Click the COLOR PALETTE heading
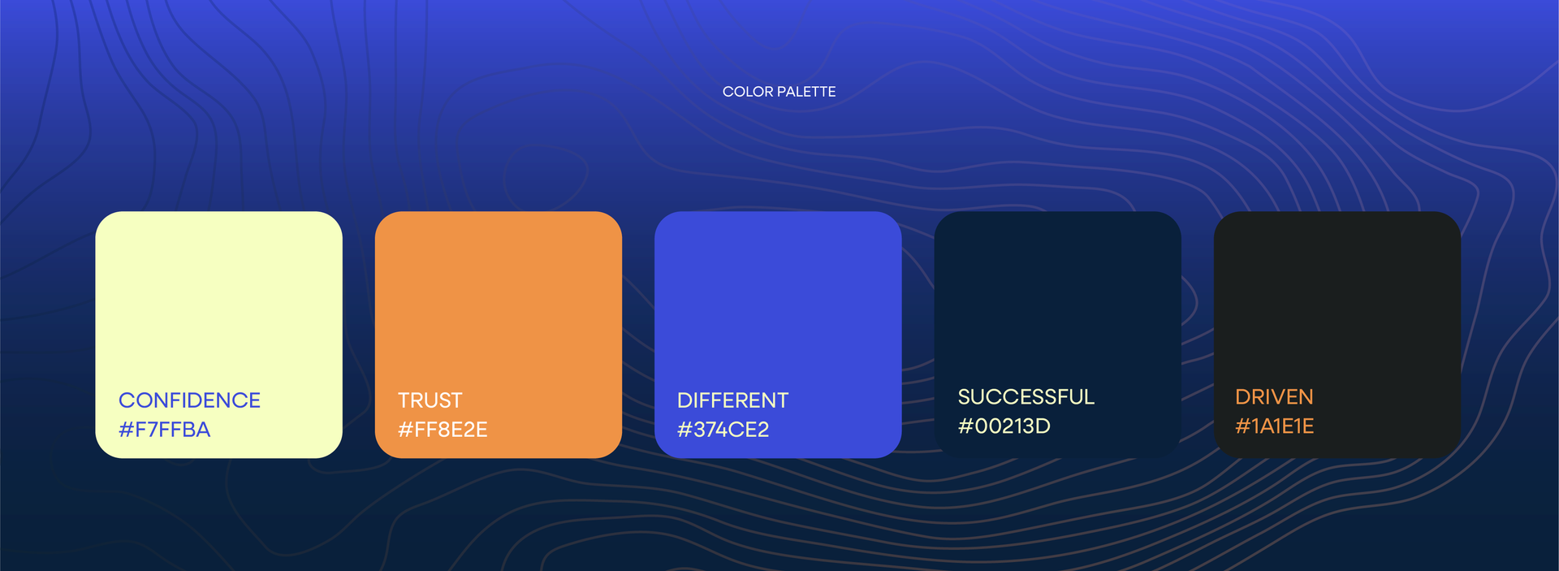779,92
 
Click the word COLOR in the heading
748,92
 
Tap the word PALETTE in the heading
806,92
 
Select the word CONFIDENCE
189,400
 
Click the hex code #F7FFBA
165,430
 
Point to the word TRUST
430,400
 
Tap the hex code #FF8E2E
443,430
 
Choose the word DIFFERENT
732,400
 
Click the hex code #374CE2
723,430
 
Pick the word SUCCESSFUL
1026,397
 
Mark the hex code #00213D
1004,426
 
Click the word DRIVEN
1274,397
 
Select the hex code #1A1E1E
1274,426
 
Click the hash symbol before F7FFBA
126,430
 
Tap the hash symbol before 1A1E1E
1242,426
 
